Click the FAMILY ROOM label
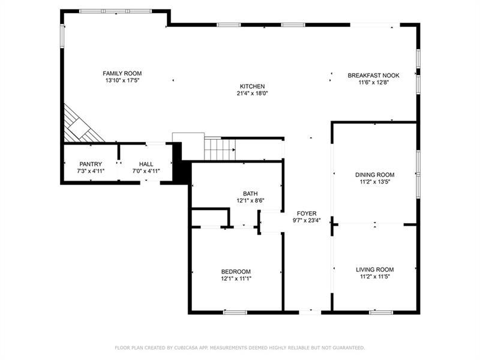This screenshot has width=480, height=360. tap(122, 73)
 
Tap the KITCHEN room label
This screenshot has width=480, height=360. tap(252, 86)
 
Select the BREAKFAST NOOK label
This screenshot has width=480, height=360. tap(373, 76)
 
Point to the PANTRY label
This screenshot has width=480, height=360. tap(91, 164)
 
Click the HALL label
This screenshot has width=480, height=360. tap(146, 164)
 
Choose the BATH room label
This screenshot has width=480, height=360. tap(250, 194)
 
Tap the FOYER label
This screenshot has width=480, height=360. tap(307, 214)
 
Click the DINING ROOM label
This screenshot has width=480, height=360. tap(374, 175)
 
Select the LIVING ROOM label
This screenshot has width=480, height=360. tap(374, 269)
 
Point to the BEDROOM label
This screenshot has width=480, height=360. tap(236, 272)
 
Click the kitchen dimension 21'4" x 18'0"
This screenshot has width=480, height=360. tap(252, 94)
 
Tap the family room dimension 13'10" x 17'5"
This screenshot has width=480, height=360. tap(122, 80)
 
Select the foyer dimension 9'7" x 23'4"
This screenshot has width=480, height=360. tap(307, 220)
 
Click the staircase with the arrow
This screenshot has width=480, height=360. tap(220, 149)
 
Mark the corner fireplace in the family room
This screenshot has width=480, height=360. tap(81, 125)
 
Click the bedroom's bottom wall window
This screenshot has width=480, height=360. tap(235, 312)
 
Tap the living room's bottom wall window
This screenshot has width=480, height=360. tap(381, 312)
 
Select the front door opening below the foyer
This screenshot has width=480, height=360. tap(310, 312)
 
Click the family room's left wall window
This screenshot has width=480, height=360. tap(62, 36)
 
